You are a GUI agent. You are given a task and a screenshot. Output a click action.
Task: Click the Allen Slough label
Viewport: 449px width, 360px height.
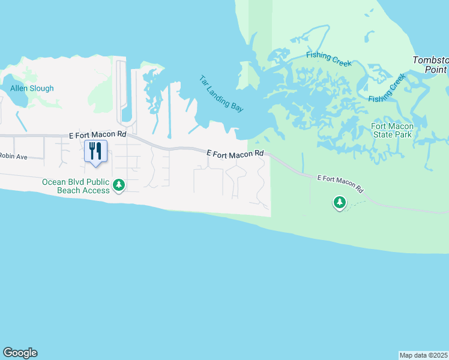[x=32, y=88]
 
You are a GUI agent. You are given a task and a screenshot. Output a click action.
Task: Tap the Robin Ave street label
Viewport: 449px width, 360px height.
[x=14, y=157]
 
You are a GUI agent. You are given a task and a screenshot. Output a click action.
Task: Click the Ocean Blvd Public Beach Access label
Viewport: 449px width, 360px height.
[x=75, y=186]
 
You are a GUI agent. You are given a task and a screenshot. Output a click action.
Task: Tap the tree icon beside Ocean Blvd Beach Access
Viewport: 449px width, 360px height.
[x=119, y=185]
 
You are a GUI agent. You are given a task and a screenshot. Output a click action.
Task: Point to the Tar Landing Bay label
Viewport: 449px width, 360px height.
[x=221, y=94]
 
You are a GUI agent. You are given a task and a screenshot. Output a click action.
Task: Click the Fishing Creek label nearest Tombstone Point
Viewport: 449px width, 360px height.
[x=387, y=88]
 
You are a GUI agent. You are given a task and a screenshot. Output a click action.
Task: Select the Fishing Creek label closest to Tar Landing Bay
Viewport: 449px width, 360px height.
[x=327, y=55]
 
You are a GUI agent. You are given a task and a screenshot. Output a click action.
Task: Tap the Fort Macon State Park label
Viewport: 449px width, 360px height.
[x=391, y=131]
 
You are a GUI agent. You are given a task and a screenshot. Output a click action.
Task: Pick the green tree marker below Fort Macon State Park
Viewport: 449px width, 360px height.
[x=340, y=203]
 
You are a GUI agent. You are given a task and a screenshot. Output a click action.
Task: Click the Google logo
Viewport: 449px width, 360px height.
[x=20, y=353]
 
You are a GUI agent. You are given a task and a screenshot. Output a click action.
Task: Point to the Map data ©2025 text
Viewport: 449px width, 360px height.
[x=424, y=355]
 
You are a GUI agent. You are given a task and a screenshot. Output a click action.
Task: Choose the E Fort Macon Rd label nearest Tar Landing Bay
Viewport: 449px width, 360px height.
[x=235, y=154]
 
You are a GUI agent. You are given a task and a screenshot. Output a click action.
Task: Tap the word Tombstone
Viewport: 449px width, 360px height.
[x=431, y=60]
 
